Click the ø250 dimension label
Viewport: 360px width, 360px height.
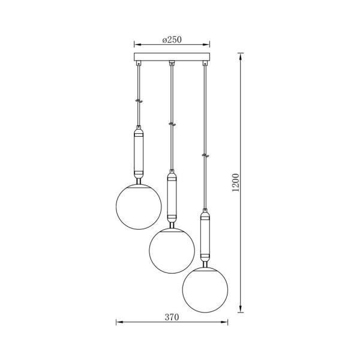(172, 40)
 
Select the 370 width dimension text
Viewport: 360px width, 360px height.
(172, 317)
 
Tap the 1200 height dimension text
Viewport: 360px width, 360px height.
(236, 183)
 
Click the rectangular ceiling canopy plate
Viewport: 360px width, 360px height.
(172, 57)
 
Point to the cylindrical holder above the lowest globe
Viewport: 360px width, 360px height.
(205, 237)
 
